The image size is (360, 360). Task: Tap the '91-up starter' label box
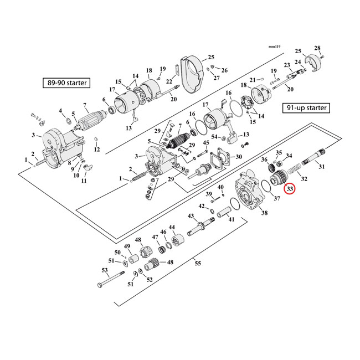(x=306, y=107)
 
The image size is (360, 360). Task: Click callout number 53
(x=104, y=271)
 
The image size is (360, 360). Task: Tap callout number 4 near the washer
(x=61, y=111)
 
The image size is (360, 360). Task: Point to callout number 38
(x=264, y=213)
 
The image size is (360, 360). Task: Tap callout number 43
(x=191, y=215)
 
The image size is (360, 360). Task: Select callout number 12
(x=96, y=150)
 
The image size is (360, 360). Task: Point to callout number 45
(x=206, y=143)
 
